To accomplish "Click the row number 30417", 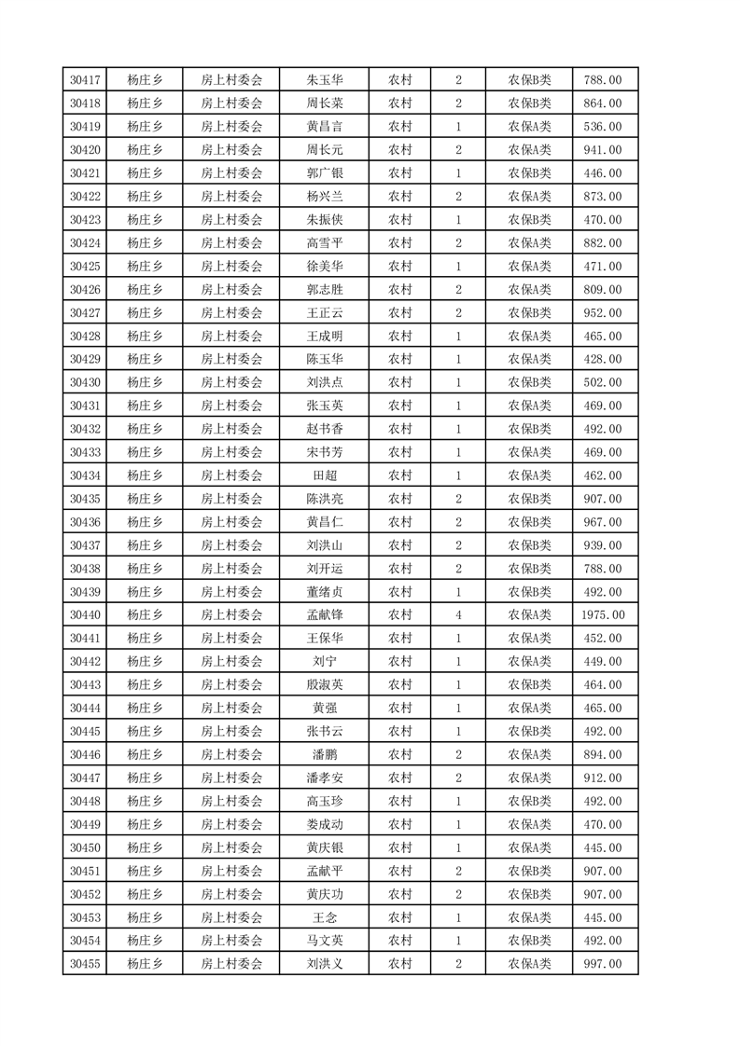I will pos(85,80).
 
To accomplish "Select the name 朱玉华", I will pos(324,80).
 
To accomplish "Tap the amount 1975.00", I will pos(603,615).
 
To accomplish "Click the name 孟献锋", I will pos(324,615).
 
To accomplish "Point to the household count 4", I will pos(458,615).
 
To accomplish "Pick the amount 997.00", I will pos(603,964).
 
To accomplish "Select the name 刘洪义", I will pos(324,964).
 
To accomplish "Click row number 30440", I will pos(85,615).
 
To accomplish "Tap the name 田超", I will pos(324,475).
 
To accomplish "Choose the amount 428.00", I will pos(603,359).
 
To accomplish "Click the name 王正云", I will pos(324,312).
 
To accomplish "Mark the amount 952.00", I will pos(603,312).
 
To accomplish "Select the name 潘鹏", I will pos(324,754).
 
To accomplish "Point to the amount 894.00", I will pos(603,754).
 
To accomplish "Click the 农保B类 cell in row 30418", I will pos(529,103).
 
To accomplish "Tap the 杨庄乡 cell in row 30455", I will pos(145,964).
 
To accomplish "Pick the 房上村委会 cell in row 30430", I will pos(231,382).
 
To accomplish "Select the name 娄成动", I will pos(324,824).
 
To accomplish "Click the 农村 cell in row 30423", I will pos(400,220).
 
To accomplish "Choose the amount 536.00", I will pos(603,127).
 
